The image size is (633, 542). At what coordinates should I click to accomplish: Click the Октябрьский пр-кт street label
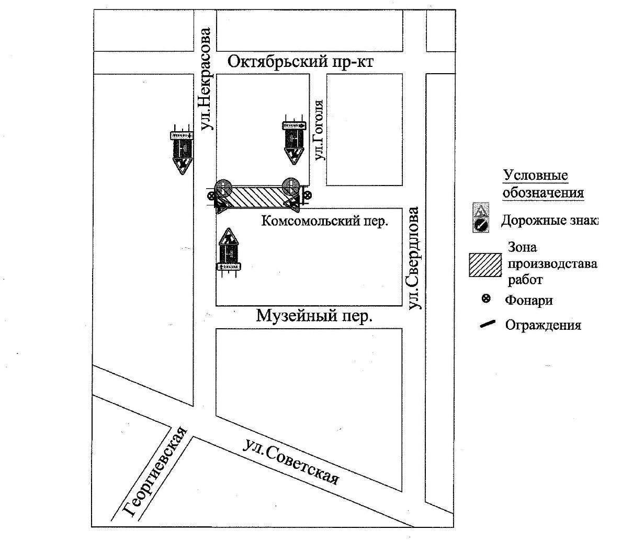(x=301, y=62)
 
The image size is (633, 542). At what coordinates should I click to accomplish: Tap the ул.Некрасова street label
(x=207, y=79)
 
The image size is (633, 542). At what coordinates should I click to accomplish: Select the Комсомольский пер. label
(x=324, y=221)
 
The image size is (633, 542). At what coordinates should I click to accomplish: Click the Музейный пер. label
(x=314, y=316)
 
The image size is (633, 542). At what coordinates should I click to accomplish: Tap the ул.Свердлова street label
(x=414, y=259)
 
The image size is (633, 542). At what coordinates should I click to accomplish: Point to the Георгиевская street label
(x=156, y=472)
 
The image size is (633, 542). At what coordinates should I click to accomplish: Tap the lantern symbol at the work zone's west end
(x=211, y=196)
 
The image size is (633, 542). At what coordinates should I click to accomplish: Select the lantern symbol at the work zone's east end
(x=308, y=196)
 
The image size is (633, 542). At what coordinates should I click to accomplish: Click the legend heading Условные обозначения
(x=542, y=184)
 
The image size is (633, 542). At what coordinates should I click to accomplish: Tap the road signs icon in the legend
(x=481, y=218)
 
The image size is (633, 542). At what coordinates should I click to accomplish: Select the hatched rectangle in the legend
(x=486, y=265)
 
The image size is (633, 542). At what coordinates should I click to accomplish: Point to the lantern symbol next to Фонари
(x=486, y=299)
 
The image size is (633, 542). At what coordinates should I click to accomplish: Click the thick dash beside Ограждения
(x=487, y=325)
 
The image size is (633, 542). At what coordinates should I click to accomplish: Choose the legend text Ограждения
(x=542, y=325)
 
